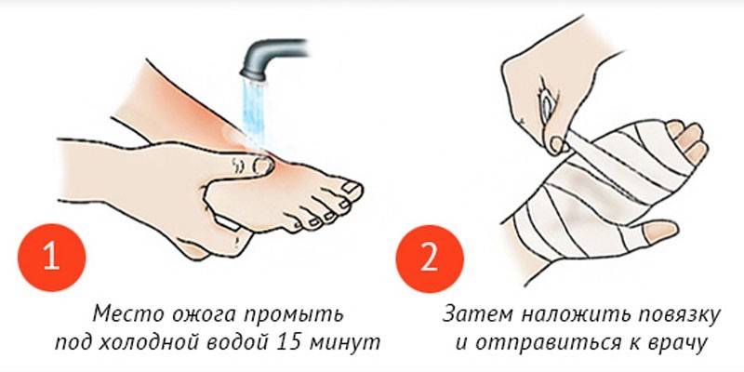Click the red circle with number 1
pyautogui.click(x=52, y=258)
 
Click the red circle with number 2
pyautogui.click(x=430, y=259)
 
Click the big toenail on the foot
pyautogui.click(x=352, y=187)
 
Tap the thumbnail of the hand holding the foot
pyautogui.click(x=262, y=166)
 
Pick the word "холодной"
pyautogui.click(x=152, y=342)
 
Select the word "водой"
pyautogui.click(x=240, y=342)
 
